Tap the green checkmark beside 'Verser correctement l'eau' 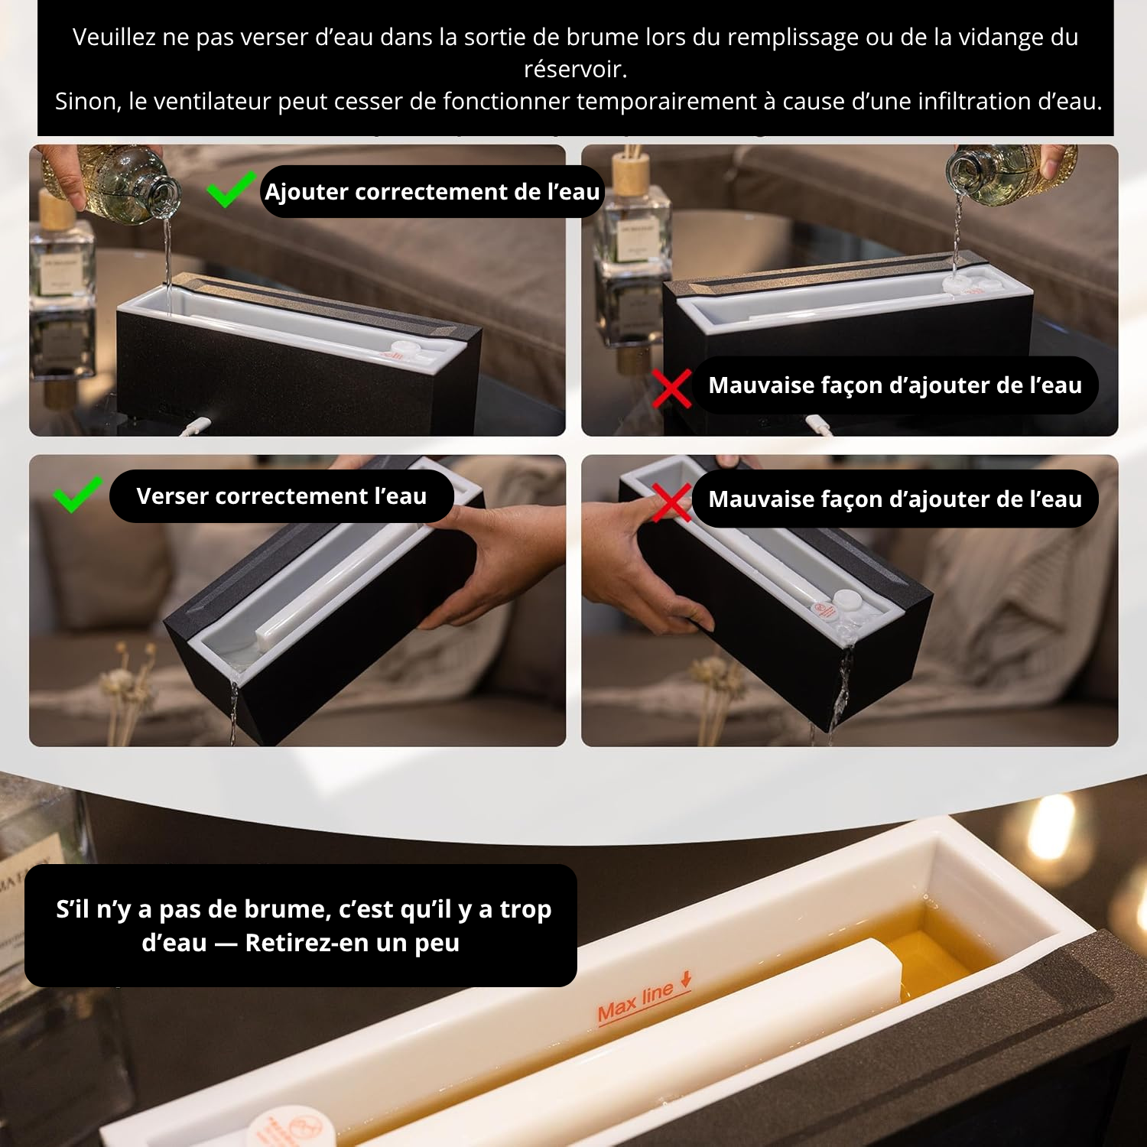[x=77, y=494]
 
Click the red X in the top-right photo [x=671, y=388]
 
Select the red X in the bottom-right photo [x=671, y=502]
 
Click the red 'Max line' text [x=635, y=1002]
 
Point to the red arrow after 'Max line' [x=686, y=979]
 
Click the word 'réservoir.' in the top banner [x=575, y=70]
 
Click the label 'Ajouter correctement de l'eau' [x=432, y=191]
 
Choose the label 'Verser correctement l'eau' [x=281, y=496]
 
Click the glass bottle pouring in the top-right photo [x=1009, y=174]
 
